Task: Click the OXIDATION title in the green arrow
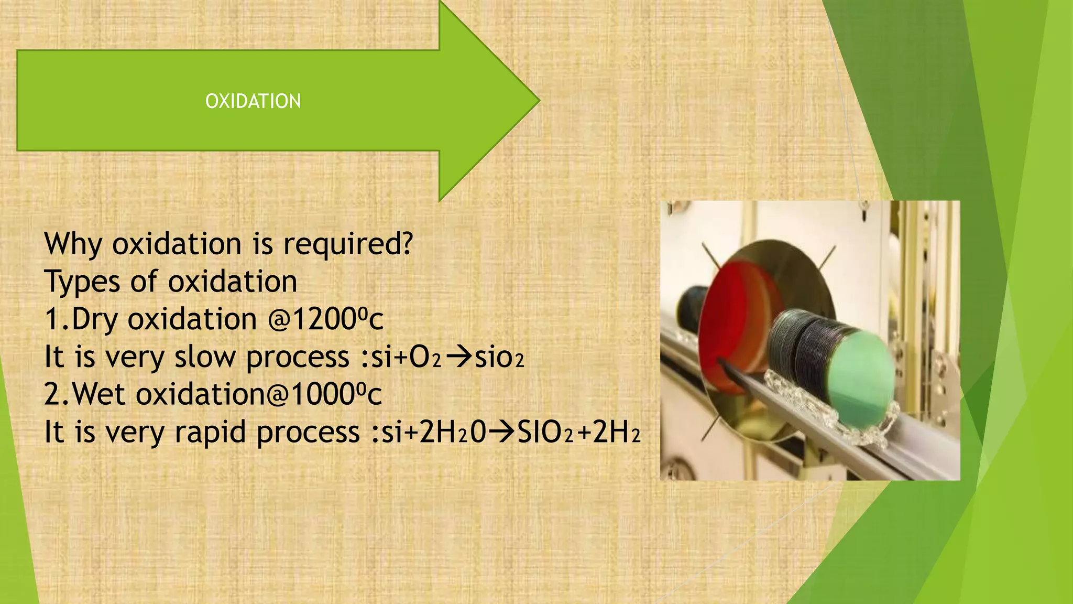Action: pyautogui.click(x=253, y=101)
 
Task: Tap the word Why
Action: pyautogui.click(x=73, y=244)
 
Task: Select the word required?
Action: pyautogui.click(x=348, y=244)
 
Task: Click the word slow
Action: pyautogui.click(x=205, y=357)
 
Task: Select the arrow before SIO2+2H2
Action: pyautogui.click(x=502, y=433)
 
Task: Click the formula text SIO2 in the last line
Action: pyautogui.click(x=545, y=433)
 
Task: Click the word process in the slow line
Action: pyautogui.click(x=297, y=357)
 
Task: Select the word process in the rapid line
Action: pyautogui.click(x=308, y=433)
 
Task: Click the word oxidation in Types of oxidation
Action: pyautogui.click(x=232, y=282)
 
